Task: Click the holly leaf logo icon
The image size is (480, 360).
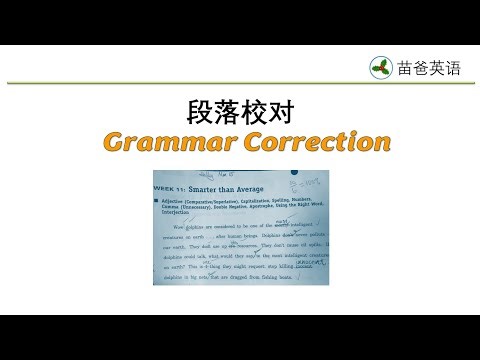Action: coord(380,67)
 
